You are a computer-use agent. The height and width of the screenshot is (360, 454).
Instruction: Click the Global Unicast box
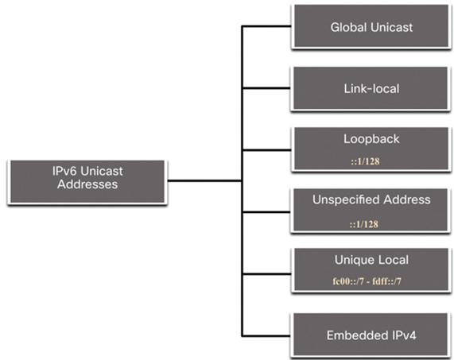tap(371, 26)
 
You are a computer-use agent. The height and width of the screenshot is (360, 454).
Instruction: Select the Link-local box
tap(371, 88)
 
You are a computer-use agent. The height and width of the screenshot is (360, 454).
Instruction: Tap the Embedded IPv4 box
tap(371, 335)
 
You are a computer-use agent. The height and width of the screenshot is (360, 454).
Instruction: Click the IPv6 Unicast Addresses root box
tap(87, 182)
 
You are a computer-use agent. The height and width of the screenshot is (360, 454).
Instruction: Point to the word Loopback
tap(371, 139)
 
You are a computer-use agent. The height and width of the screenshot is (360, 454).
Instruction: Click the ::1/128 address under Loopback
tap(365, 161)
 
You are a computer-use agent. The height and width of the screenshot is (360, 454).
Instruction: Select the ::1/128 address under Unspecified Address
tap(364, 224)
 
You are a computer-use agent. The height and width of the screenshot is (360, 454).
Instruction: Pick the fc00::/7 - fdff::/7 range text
tap(367, 281)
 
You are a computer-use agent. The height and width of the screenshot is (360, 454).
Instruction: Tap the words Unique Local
tap(371, 260)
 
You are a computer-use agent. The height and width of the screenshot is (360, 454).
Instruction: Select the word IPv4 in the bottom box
tap(404, 335)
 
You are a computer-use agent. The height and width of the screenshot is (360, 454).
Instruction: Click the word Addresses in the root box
tap(87, 184)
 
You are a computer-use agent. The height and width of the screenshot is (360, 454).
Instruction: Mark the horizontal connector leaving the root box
tap(204, 181)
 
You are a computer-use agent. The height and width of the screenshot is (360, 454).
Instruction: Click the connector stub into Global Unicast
tap(266, 26)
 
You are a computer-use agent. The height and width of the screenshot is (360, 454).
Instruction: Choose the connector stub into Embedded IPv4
tap(266, 335)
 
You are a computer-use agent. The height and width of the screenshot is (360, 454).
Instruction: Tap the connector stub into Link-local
tap(266, 88)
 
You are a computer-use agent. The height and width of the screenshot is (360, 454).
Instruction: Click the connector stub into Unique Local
tap(266, 273)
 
